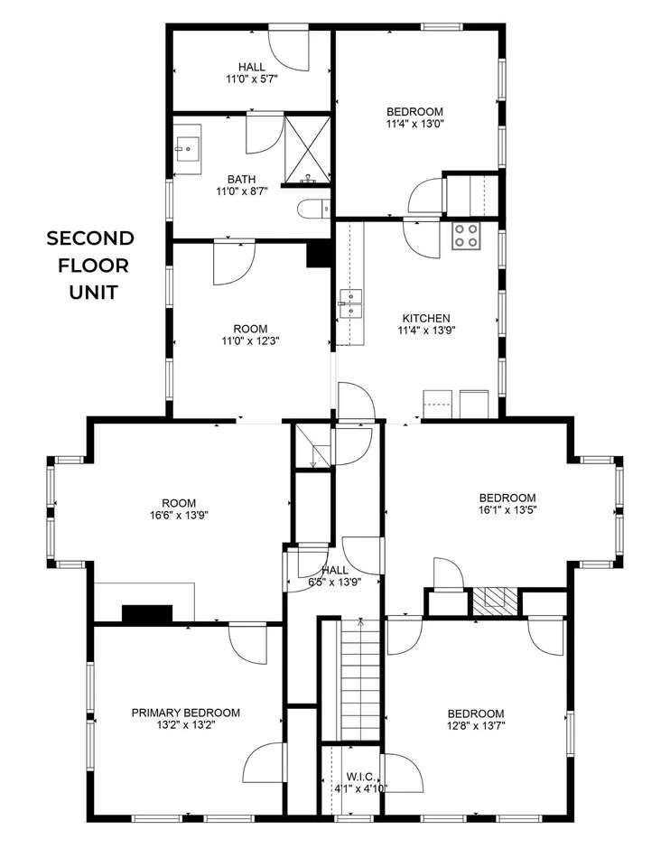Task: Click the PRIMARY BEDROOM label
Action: [x=186, y=713]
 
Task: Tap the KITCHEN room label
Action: [x=426, y=319]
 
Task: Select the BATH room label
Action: [x=242, y=180]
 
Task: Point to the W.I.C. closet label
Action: [x=359, y=777]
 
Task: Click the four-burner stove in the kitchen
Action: [x=465, y=236]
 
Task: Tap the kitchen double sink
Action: [x=350, y=304]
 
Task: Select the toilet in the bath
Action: [x=313, y=209]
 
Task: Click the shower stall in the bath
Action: [x=308, y=149]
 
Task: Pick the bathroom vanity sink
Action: [x=188, y=148]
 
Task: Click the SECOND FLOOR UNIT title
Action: [x=91, y=266]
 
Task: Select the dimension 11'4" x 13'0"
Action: [x=414, y=124]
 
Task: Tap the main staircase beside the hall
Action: [x=360, y=680]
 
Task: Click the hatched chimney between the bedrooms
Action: [x=496, y=601]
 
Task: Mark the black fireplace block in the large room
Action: [x=147, y=614]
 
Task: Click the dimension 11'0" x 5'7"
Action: [x=252, y=79]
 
